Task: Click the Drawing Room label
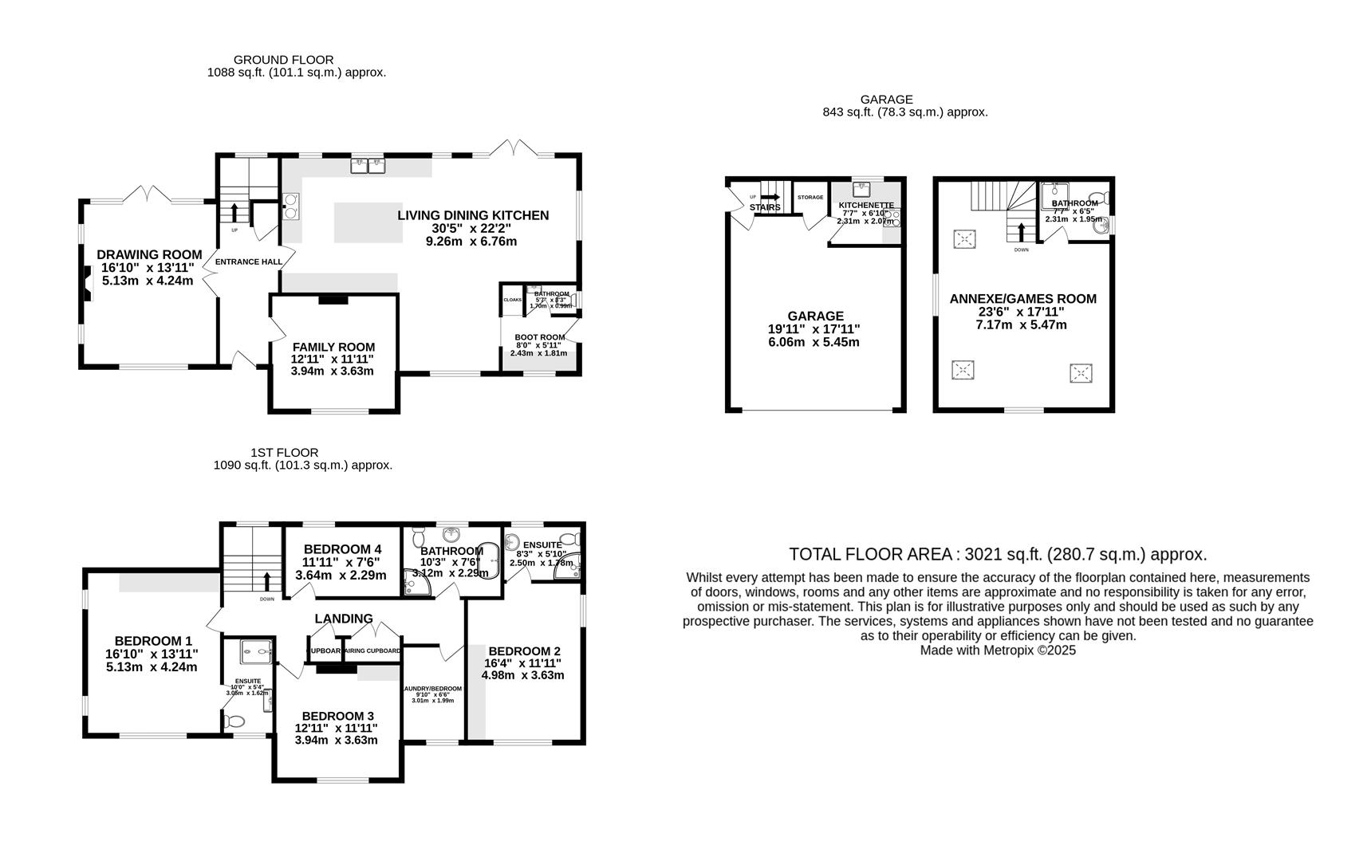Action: click(x=149, y=255)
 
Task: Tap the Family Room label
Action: click(x=333, y=347)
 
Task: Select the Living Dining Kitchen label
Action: click(x=473, y=215)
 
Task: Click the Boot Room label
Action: click(x=539, y=337)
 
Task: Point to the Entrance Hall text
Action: click(x=248, y=261)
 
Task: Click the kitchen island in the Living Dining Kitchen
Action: click(x=368, y=222)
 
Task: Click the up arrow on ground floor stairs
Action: click(x=234, y=212)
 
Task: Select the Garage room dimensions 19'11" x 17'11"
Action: click(x=814, y=329)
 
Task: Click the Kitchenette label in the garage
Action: click(x=866, y=205)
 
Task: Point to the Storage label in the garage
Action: click(x=810, y=197)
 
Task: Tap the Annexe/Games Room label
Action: click(x=1022, y=299)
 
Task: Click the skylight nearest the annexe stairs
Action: click(x=964, y=238)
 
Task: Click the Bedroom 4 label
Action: click(x=342, y=549)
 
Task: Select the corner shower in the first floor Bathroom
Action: click(x=416, y=587)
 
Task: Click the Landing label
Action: click(x=344, y=619)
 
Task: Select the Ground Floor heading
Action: click(x=283, y=60)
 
